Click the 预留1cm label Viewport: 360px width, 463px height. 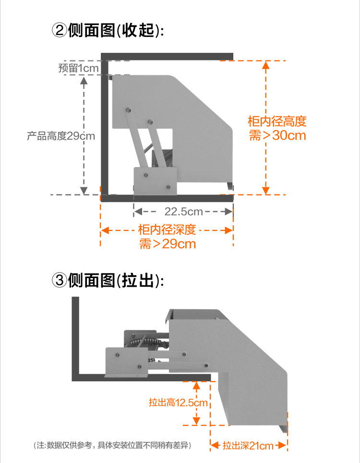click(x=78, y=68)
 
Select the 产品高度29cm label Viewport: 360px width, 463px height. click(x=61, y=136)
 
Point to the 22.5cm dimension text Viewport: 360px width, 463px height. click(x=183, y=211)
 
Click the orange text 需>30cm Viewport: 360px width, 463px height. click(x=277, y=135)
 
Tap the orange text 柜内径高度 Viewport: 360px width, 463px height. click(x=277, y=121)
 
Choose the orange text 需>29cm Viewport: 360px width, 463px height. click(x=168, y=244)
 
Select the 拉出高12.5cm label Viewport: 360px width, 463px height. click(x=178, y=402)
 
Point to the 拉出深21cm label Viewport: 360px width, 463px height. click(x=248, y=446)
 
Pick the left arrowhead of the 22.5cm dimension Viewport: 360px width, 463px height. click(x=137, y=211)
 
